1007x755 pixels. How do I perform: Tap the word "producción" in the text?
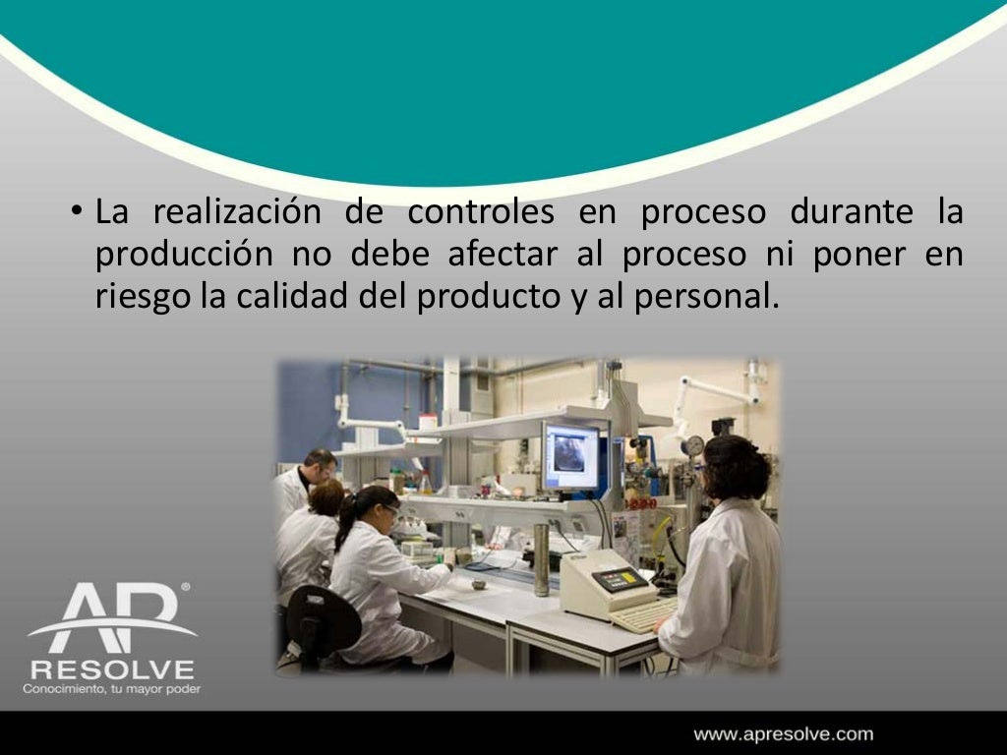click(183, 254)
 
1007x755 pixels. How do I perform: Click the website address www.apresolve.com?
click(783, 733)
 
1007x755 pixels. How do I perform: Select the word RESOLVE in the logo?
click(111, 669)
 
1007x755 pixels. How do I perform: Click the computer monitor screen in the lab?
click(570, 455)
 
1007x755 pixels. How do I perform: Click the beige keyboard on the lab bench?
click(643, 615)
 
